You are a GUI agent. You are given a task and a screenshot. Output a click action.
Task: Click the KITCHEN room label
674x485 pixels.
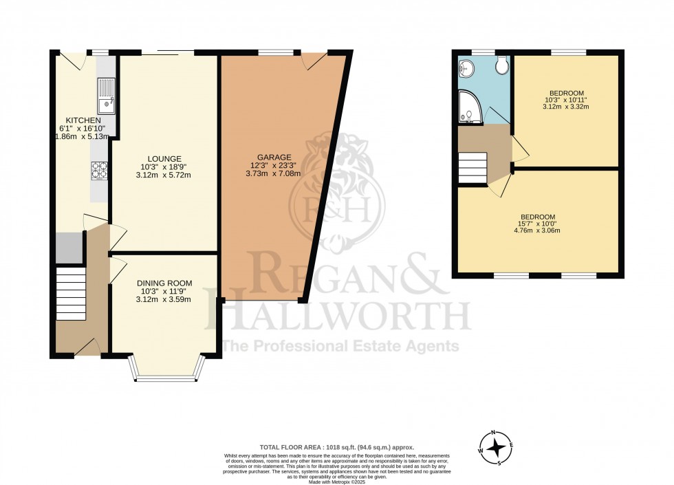[78, 120]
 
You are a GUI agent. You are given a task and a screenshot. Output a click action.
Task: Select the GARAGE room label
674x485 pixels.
[274, 157]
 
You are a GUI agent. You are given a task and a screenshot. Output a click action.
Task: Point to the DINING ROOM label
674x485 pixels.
[164, 283]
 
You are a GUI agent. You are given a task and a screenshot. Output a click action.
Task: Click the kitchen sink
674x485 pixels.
[107, 97]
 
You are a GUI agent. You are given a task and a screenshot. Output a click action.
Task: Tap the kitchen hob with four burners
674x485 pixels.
[99, 170]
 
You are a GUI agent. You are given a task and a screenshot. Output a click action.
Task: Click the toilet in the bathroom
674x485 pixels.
[501, 65]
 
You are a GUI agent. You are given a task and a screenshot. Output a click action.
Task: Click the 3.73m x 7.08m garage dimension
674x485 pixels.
[274, 174]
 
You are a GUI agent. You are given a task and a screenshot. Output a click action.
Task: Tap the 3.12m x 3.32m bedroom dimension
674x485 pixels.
[566, 107]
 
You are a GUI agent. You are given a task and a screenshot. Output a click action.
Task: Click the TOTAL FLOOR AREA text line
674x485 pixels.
[336, 447]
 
